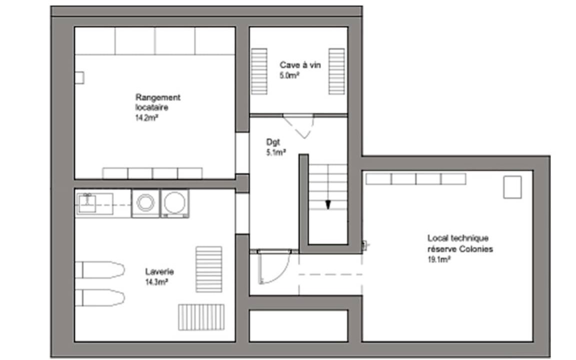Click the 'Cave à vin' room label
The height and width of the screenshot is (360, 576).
pos(300,65)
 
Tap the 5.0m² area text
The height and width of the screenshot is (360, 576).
pos(288,75)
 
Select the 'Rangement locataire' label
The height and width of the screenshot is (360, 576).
pos(158,102)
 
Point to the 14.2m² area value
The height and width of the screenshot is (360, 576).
pos(146,118)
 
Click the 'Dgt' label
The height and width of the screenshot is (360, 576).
pos(273,142)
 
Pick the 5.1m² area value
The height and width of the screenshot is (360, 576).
pos(276,152)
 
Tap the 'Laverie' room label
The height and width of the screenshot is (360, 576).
pos(159,271)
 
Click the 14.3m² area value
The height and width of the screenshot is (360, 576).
pos(157,282)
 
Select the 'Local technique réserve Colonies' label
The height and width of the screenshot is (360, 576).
pos(460,243)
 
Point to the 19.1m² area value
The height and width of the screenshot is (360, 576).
pos(439,259)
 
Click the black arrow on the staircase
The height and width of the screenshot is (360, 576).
pos(328,205)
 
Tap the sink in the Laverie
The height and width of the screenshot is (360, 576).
pos(87,203)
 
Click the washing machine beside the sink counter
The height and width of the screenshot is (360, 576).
pos(145,203)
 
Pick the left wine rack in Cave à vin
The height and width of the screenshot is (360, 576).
pos(259,71)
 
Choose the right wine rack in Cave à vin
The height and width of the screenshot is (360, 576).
pos(336,71)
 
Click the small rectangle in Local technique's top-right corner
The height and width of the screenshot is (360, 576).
pos(512,187)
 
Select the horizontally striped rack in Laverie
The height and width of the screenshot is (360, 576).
pos(208,269)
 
